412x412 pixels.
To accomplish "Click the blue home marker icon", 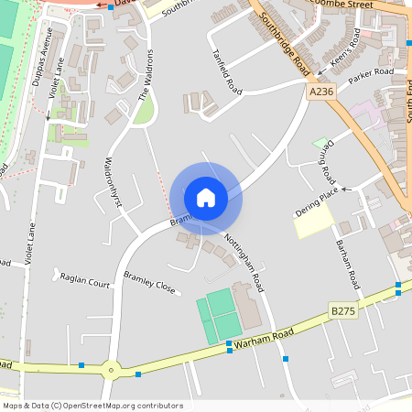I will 206,198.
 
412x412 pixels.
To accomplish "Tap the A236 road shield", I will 320,92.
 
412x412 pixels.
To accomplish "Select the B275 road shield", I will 342,312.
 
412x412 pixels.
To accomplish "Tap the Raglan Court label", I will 84,280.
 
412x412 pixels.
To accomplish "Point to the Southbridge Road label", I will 283,43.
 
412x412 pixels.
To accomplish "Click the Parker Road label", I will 371,72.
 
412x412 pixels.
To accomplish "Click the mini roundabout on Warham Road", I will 112,370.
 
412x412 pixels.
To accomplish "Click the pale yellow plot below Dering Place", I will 312,221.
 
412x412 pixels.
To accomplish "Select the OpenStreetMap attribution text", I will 92,406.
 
